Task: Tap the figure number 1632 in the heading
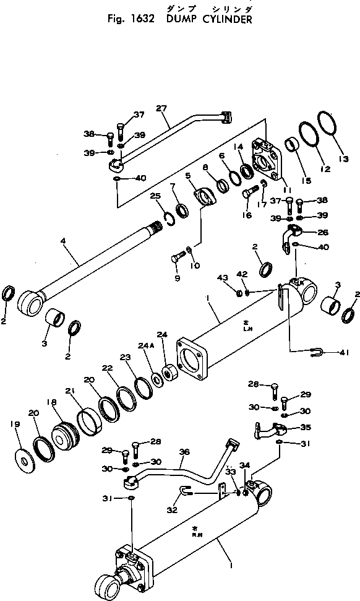point(145,19)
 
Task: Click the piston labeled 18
point(62,434)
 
